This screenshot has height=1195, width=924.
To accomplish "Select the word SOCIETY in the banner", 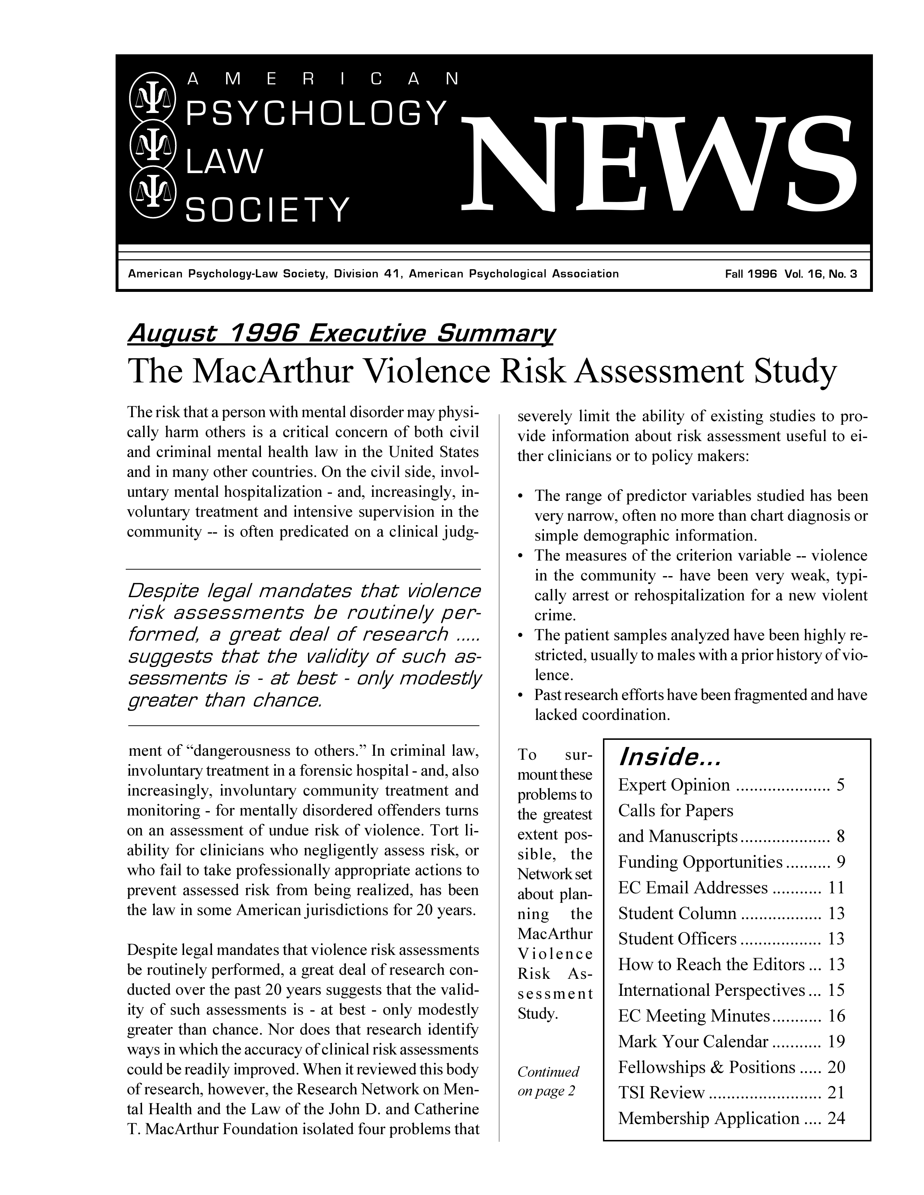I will tap(267, 210).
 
